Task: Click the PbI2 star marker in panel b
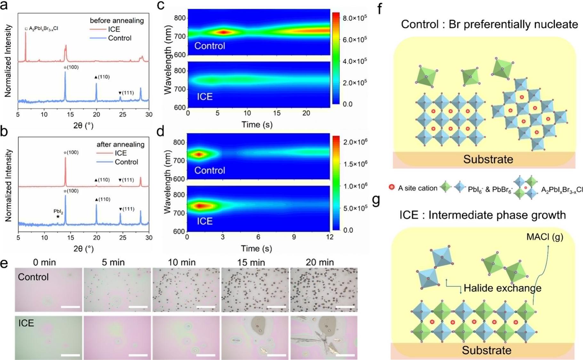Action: point(58,217)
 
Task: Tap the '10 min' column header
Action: point(182,262)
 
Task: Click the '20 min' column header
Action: point(320,262)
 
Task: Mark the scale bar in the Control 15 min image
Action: point(276,307)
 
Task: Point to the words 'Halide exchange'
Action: point(502,288)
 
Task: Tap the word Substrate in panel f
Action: point(488,159)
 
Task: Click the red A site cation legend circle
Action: point(391,188)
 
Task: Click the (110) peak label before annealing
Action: point(102,77)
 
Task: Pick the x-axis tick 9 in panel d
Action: point(294,237)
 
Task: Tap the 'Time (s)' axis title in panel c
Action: point(257,124)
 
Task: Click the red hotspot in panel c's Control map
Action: point(223,32)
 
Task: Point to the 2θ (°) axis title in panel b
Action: point(83,249)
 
